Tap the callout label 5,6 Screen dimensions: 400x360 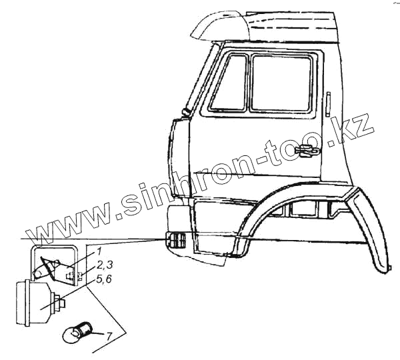(104, 280)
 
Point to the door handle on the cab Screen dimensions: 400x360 (309, 153)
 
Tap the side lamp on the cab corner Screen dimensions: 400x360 (175, 241)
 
